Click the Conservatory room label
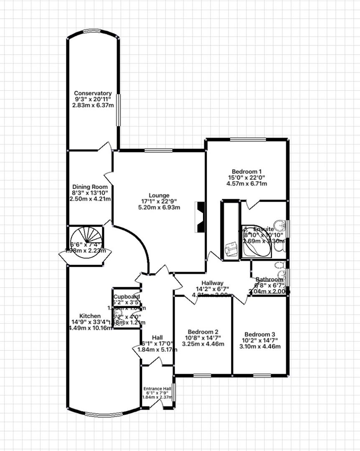[93, 93]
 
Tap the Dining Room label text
[90, 187]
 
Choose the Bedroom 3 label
[260, 334]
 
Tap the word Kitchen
[90, 316]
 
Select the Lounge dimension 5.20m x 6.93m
[160, 208]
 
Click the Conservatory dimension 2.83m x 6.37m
[93, 105]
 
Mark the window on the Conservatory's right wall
[118, 109]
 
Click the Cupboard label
[127, 296]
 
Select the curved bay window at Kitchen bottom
[103, 414]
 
